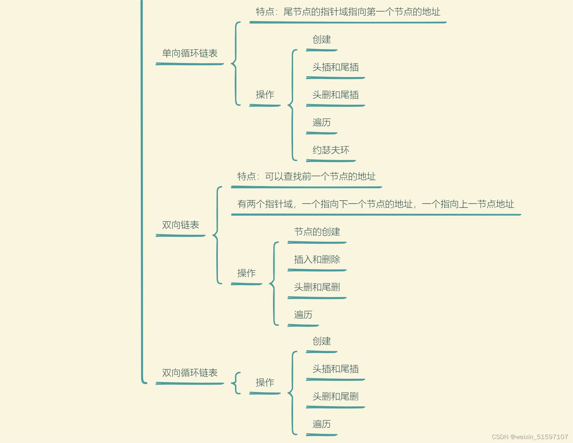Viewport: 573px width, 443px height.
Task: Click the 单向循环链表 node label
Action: pos(190,53)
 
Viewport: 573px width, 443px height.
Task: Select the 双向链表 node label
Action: pos(180,225)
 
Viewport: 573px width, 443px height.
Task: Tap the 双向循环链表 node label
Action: pos(190,373)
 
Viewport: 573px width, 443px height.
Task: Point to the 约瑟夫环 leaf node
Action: pos(331,150)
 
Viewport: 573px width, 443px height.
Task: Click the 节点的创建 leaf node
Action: pos(317,232)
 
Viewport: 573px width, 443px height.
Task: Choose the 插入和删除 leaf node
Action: pos(317,260)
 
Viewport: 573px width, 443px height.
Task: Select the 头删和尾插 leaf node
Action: pos(335,95)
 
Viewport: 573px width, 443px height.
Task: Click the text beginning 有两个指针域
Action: pos(376,204)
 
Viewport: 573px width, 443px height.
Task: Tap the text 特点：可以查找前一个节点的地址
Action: pos(306,177)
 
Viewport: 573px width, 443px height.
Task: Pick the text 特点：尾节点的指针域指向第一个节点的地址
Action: pos(348,12)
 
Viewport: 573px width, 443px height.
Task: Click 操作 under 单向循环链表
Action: pos(265,95)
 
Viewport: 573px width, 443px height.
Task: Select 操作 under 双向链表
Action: pos(246,273)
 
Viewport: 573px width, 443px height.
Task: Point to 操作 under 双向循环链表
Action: pos(265,382)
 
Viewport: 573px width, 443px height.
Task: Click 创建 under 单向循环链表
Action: pos(321,40)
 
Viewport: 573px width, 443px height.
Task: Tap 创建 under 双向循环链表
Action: pos(321,341)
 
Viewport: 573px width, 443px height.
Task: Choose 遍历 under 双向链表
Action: pos(303,315)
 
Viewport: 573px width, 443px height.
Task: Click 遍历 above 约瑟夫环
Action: pos(321,123)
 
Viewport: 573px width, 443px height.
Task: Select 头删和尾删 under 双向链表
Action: pos(317,287)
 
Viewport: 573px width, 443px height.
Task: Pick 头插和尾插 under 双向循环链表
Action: pos(335,369)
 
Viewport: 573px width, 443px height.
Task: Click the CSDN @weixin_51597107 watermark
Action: pos(530,437)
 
